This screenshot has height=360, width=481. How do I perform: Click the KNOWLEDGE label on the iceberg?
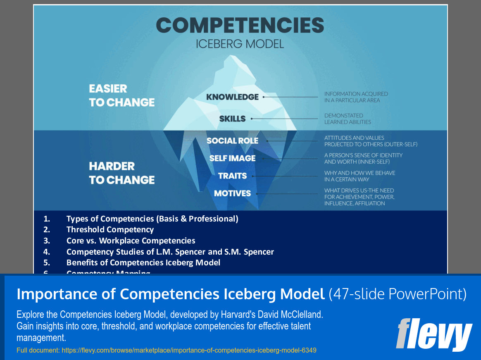click(233, 97)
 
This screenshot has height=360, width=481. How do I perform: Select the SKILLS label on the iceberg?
click(232, 119)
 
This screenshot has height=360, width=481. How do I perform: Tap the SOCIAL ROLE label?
click(232, 141)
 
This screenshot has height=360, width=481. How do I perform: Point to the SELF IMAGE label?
click(232, 158)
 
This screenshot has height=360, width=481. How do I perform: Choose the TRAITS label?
click(232, 176)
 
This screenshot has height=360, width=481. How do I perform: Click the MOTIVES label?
click(232, 193)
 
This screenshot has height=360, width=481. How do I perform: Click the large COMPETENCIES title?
click(240, 26)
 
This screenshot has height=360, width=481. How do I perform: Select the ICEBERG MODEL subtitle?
click(240, 44)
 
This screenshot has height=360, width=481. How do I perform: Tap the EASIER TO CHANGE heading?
click(121, 95)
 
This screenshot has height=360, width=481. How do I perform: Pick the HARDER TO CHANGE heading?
click(121, 173)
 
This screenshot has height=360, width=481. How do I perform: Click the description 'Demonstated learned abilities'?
click(348, 119)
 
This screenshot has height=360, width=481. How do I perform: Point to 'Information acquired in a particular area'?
click(356, 97)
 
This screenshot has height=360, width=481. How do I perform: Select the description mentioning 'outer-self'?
click(371, 141)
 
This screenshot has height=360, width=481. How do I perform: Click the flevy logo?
click(433, 334)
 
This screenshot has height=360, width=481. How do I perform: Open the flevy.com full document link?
click(189, 350)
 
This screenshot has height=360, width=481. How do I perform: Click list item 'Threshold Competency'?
click(110, 229)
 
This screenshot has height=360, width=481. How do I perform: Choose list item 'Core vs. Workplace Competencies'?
click(131, 241)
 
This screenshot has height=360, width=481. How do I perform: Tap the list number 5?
click(47, 262)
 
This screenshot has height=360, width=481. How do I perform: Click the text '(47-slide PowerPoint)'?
click(398, 294)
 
